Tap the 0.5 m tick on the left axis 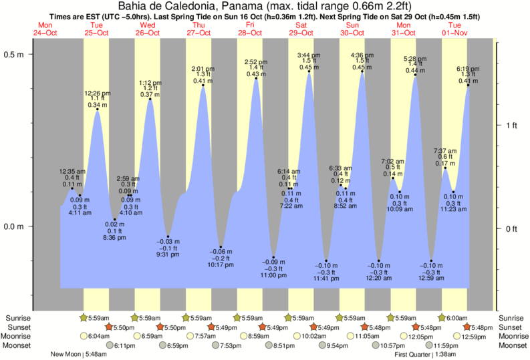15,55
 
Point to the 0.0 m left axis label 15,226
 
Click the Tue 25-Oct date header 96,28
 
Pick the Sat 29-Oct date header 300,28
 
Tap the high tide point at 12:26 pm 98,110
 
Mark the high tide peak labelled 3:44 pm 309,71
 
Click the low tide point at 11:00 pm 273,257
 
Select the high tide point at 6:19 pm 468,85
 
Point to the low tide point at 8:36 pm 115,219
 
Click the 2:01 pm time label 203,68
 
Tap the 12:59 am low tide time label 432,278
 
